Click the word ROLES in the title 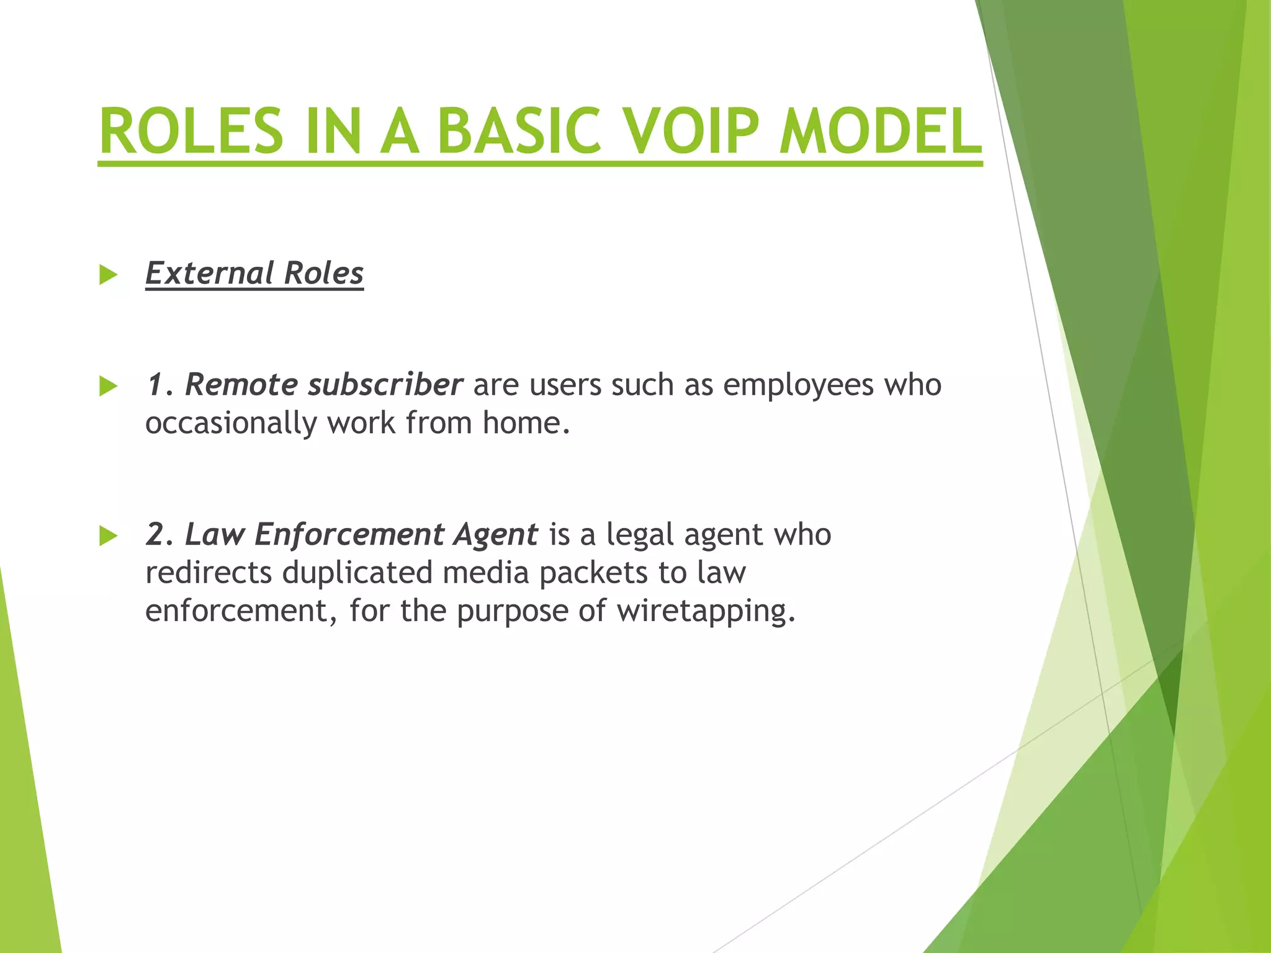(191, 132)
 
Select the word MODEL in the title (881, 132)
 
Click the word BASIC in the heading (519, 132)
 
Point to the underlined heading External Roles (254, 273)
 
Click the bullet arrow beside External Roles (108, 275)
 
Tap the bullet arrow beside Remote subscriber (108, 387)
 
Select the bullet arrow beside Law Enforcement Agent (108, 535)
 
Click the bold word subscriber (385, 385)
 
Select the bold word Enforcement (349, 534)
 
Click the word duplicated (357, 572)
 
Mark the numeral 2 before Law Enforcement (155, 534)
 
